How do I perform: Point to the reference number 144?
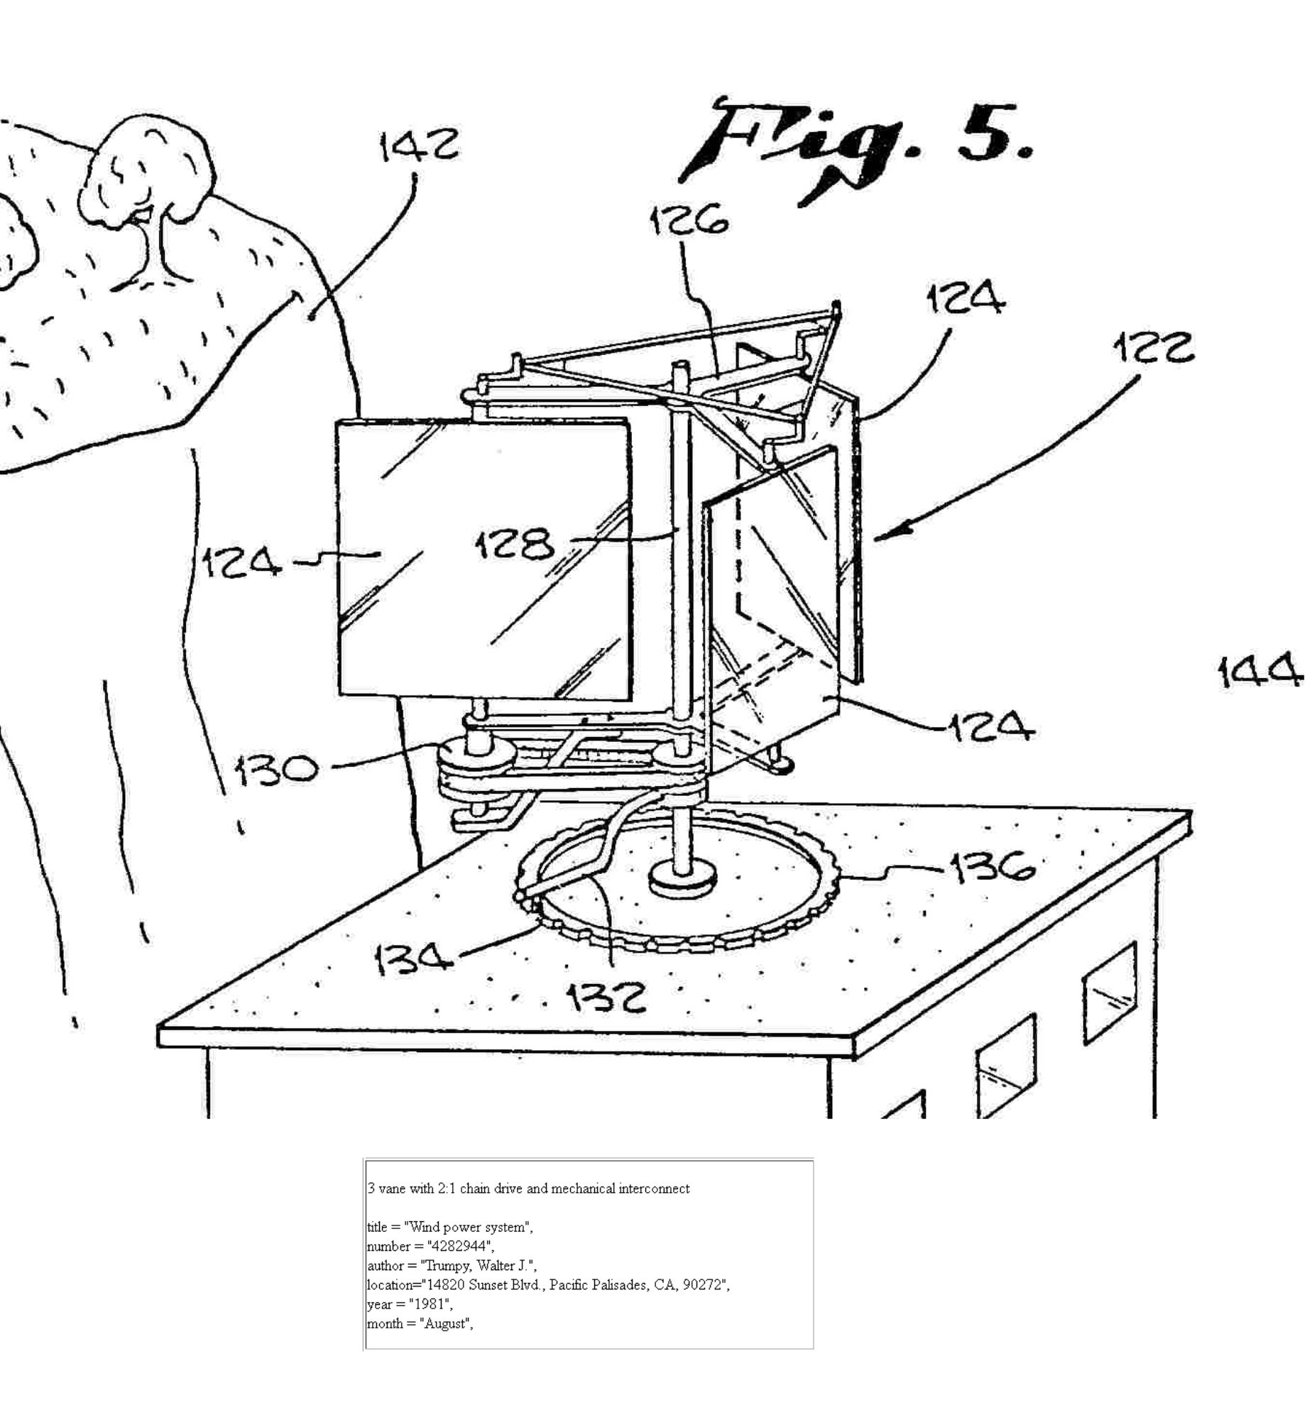click(x=1260, y=672)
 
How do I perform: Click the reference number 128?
click(x=515, y=545)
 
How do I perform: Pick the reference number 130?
click(x=277, y=770)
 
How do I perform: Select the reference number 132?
click(x=607, y=997)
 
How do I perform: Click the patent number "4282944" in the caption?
click(x=459, y=1246)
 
